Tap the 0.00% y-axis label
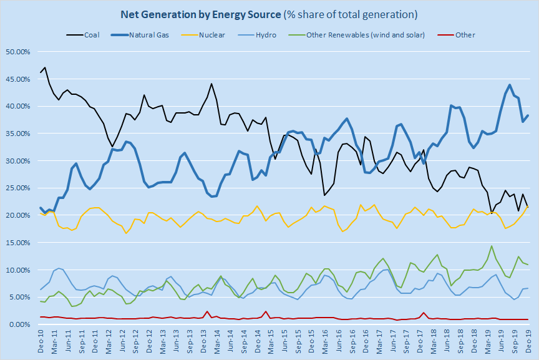click(19, 324)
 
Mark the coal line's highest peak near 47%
click(46, 67)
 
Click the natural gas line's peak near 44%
click(510, 85)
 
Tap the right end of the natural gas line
click(528, 115)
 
